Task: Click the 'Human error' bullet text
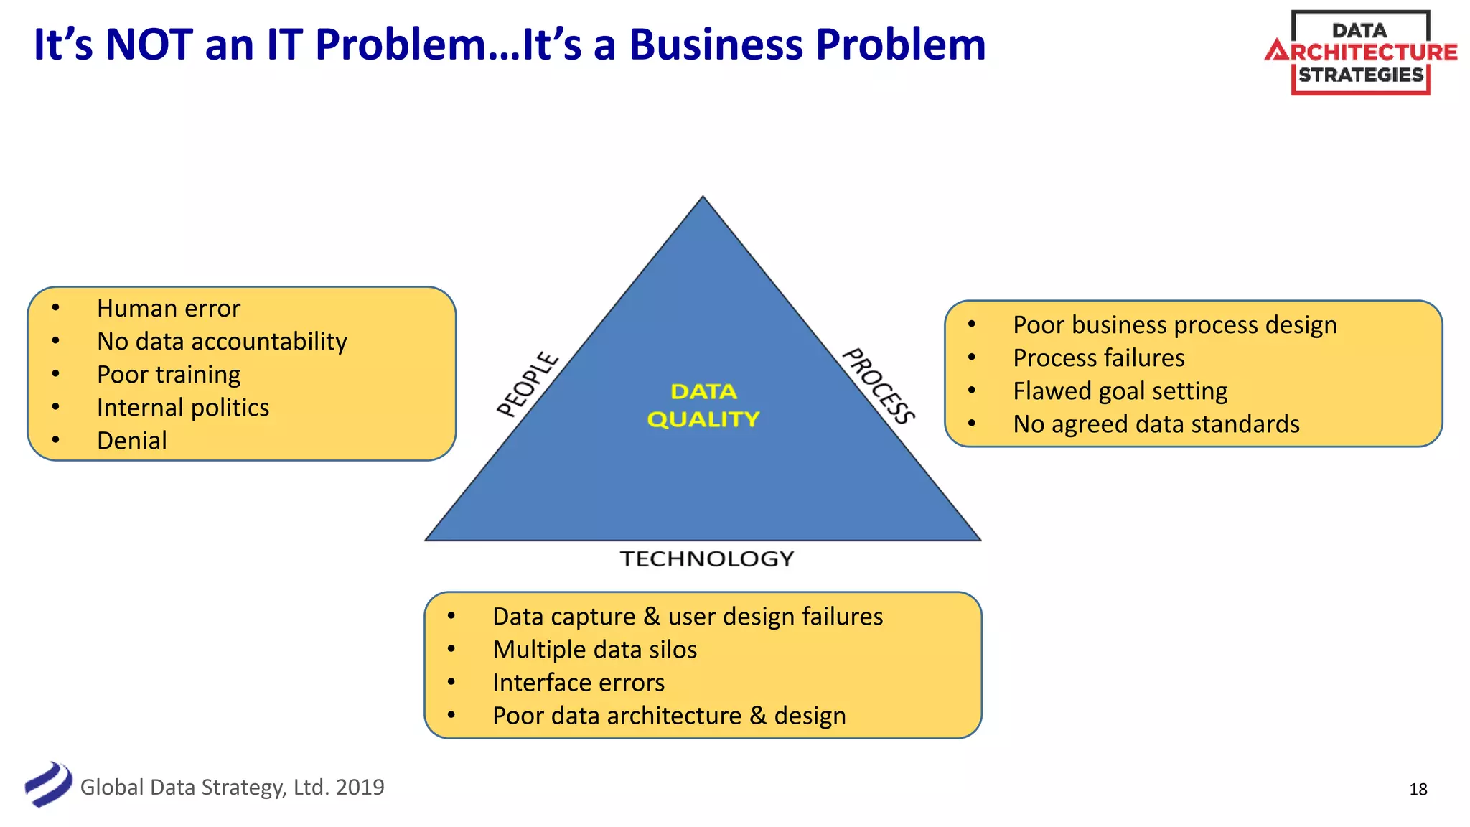(169, 309)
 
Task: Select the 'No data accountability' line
(222, 342)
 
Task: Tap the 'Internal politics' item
(183, 408)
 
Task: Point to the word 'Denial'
(132, 441)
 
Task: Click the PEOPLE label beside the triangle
(528, 384)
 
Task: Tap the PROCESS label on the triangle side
(879, 386)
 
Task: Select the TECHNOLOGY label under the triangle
(707, 559)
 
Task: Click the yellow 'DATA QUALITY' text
(703, 406)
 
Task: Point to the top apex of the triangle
(703, 200)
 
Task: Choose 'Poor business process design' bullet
(1175, 325)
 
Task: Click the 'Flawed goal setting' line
(1120, 391)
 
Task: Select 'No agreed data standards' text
(1156, 424)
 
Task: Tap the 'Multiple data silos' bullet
(595, 650)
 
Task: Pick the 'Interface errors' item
(579, 683)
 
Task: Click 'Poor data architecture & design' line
(669, 716)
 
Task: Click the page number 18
(1418, 790)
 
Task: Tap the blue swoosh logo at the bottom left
(48, 785)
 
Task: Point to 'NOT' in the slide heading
(149, 45)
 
